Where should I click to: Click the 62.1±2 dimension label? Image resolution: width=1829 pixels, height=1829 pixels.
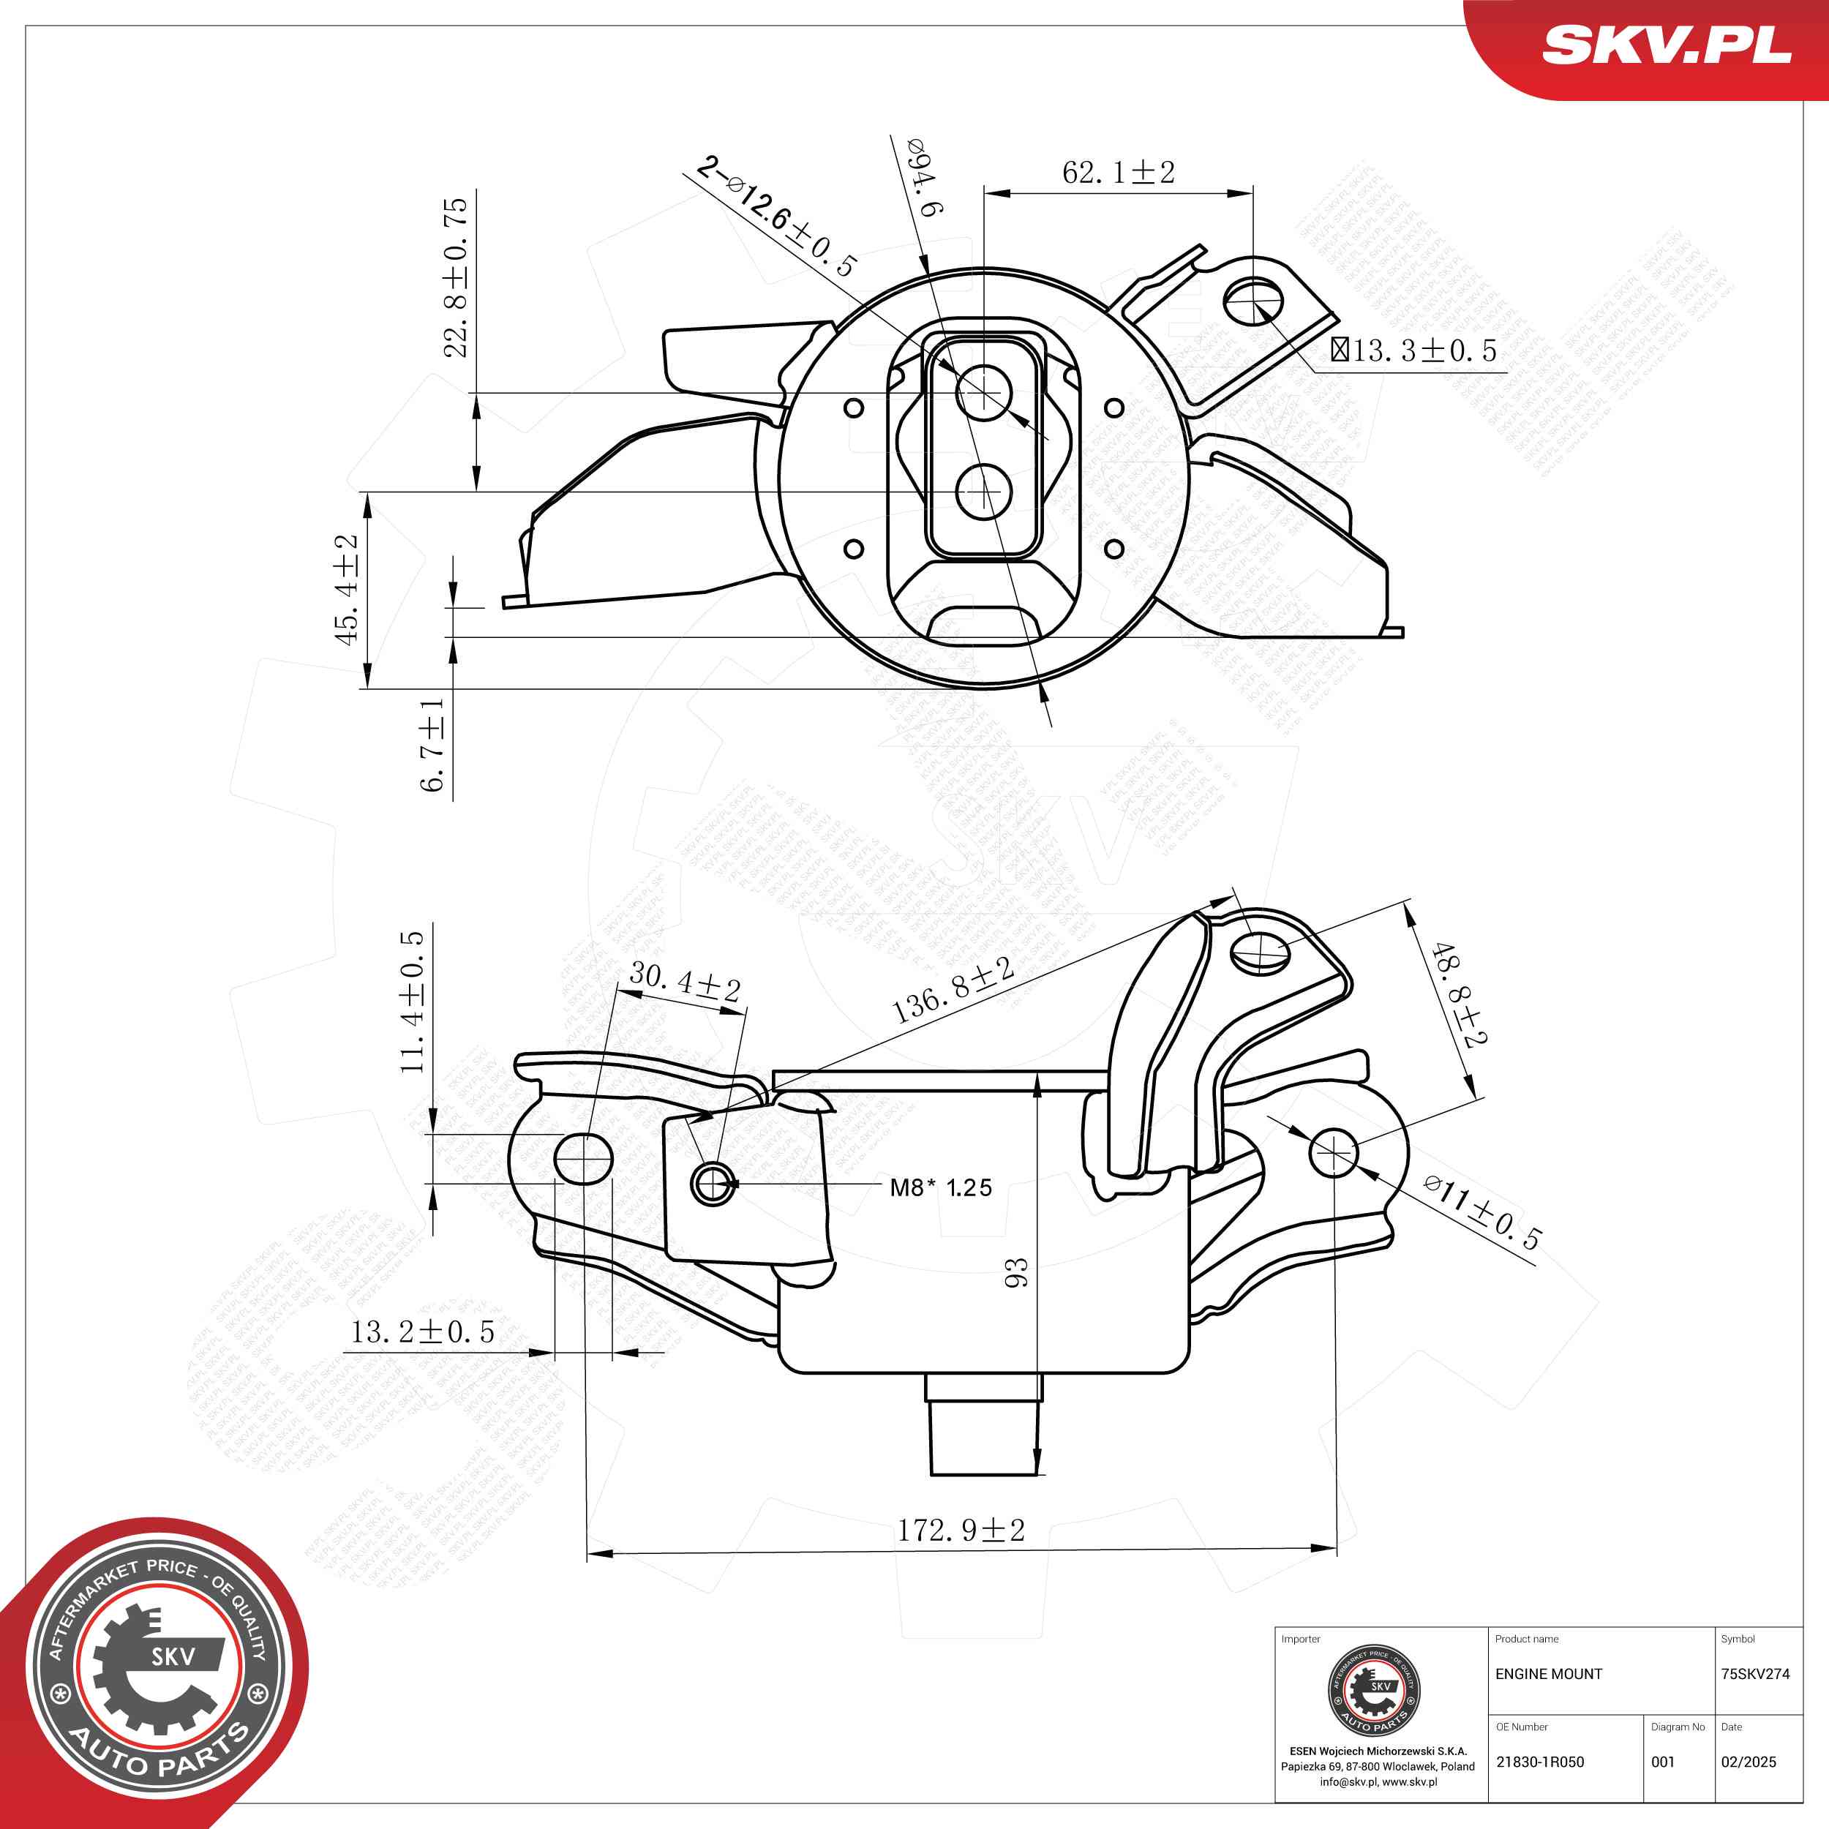(1118, 173)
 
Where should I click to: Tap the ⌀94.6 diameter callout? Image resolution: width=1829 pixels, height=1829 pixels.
(924, 177)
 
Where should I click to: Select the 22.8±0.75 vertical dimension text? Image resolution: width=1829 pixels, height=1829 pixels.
(457, 277)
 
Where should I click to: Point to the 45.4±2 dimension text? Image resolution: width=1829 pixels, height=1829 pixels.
(347, 590)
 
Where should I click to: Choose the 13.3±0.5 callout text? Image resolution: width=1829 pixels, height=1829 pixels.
(1413, 351)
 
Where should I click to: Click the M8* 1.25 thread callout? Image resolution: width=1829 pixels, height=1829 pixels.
(941, 1188)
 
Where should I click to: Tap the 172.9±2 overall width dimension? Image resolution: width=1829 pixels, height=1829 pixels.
(961, 1531)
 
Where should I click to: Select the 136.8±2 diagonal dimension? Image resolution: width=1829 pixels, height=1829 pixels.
(953, 991)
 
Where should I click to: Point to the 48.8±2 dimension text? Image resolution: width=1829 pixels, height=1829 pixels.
(1459, 994)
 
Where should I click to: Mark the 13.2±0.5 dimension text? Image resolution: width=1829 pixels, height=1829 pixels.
(423, 1333)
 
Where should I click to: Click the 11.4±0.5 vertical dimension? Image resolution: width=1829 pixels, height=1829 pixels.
(412, 1002)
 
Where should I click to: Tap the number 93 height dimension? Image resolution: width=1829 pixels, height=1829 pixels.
(1015, 1272)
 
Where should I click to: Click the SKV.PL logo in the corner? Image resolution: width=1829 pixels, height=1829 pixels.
(1666, 45)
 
